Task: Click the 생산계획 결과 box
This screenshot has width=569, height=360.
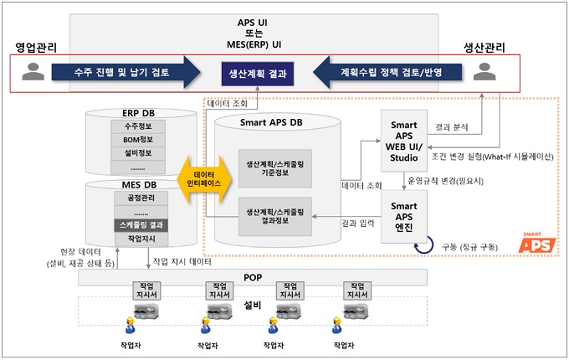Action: [x=258, y=74]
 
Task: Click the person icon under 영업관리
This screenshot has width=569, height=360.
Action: [x=33, y=73]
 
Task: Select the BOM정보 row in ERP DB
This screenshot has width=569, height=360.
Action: [x=139, y=141]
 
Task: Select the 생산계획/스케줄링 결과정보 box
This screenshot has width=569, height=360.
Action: [x=275, y=216]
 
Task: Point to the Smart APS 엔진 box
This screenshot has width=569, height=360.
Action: [x=404, y=216]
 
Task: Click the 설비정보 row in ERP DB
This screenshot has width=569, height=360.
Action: [x=139, y=153]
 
